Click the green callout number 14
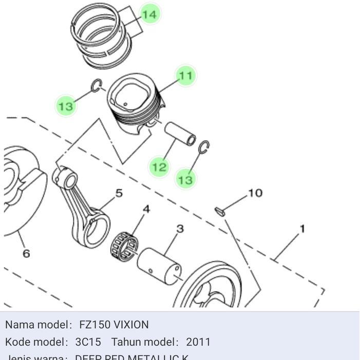pos(149,14)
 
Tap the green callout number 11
pos(185,76)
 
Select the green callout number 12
pos(160,167)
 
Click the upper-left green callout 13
pos(66,106)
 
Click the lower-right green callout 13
pos(185,179)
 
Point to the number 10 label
pos(255,193)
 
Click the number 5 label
pos(119,193)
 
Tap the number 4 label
pos(146,210)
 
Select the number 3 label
pos(180,229)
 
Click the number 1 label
pos(302,229)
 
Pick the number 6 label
pos(26,253)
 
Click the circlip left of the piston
pos(96,86)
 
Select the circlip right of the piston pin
pos(204,147)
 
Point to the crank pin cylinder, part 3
pos(159,263)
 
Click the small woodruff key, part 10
pos(219,211)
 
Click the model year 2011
pos(198,342)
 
